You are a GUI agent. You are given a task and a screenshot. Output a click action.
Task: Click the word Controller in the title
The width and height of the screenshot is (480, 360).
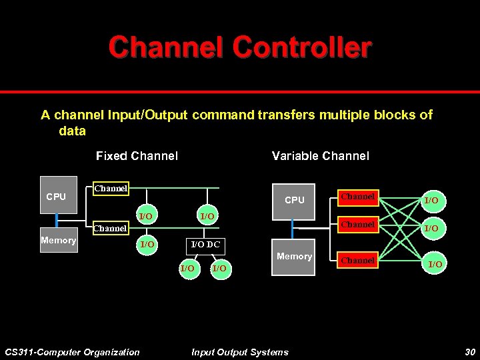tap(302, 47)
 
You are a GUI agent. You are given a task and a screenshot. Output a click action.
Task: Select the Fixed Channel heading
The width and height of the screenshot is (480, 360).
tap(137, 156)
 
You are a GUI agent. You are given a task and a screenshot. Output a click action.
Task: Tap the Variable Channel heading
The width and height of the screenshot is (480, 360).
tap(320, 156)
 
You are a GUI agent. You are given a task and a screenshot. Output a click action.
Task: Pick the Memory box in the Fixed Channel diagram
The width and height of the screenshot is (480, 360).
tap(58, 241)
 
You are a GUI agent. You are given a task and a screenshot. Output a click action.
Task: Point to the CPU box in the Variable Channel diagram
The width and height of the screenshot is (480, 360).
tap(294, 200)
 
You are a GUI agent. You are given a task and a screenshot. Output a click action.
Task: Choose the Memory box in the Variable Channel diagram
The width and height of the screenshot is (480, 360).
tap(294, 257)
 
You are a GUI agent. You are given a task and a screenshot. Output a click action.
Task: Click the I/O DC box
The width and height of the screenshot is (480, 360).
tap(205, 245)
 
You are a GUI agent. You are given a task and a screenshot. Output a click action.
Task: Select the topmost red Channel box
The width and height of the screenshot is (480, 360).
tap(358, 197)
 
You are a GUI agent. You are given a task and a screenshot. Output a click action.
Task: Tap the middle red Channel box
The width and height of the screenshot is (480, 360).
tap(358, 225)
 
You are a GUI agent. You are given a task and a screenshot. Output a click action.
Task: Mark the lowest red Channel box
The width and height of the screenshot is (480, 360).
tap(358, 261)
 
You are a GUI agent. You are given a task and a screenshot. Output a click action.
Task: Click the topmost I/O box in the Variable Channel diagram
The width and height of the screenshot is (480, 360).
tap(432, 200)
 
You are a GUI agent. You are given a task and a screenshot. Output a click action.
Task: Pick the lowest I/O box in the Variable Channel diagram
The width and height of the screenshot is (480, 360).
tap(434, 265)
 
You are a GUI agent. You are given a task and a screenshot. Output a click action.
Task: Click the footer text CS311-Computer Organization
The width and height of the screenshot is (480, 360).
tap(72, 352)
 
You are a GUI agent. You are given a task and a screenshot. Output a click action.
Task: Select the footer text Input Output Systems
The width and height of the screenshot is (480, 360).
tap(240, 352)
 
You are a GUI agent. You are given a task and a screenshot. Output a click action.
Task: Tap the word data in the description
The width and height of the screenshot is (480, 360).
tap(72, 131)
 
